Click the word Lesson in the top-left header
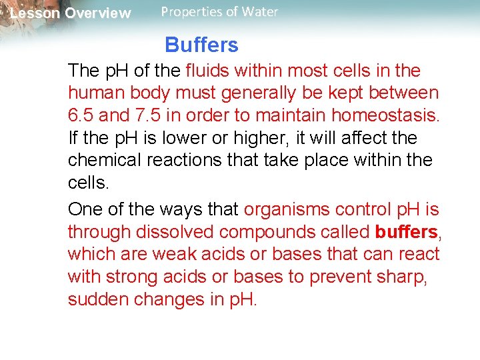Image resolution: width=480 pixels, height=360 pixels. pyautogui.click(x=35, y=13)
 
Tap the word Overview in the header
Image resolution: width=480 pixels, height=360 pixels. pyautogui.click(x=98, y=13)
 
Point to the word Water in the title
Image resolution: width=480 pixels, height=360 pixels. pyautogui.click(x=261, y=12)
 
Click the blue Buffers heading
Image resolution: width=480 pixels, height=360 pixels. pyautogui.click(x=201, y=45)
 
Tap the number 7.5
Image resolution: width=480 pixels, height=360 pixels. pyautogui.click(x=152, y=116)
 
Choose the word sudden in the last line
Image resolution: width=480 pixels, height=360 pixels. pyautogui.click(x=98, y=299)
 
